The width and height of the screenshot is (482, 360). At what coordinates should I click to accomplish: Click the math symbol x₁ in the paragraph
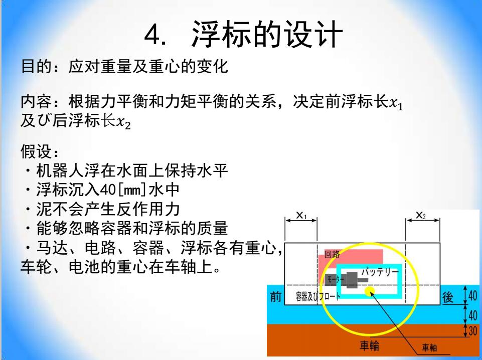tap(396, 103)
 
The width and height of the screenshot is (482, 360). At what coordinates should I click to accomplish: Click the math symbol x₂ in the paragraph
tap(123, 122)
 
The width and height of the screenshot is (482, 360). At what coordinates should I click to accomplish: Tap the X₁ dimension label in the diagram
tap(301, 215)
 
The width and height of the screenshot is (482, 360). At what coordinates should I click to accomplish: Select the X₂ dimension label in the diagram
tap(420, 215)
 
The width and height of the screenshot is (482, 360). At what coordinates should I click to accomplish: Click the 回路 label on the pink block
tap(332, 254)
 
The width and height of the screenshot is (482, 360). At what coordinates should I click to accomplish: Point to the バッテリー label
tap(380, 272)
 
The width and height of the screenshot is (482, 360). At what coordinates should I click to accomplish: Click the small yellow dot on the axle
tap(369, 291)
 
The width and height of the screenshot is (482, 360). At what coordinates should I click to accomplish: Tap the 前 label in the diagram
tap(276, 297)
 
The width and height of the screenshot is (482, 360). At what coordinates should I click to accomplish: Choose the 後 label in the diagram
tap(447, 297)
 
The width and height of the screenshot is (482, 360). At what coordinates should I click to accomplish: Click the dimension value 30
tap(473, 331)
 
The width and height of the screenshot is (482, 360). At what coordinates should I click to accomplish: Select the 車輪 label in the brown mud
tap(370, 346)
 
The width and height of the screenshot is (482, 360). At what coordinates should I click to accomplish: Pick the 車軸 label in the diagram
tap(429, 347)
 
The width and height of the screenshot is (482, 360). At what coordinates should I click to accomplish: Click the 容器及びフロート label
tap(318, 296)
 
